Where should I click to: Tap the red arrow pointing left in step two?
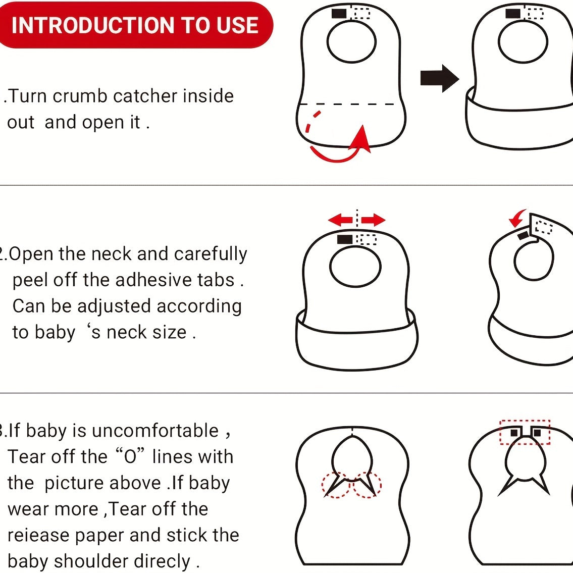pos(340,220)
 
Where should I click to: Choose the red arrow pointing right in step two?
pos(374,220)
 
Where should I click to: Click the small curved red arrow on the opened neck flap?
pos(517,219)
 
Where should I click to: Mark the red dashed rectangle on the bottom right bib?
pos(525,432)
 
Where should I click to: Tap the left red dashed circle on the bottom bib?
pos(336,485)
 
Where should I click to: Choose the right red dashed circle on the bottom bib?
pos(367,485)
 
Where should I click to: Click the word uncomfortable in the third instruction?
pos(155,431)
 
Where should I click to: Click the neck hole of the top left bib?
pos(351,42)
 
